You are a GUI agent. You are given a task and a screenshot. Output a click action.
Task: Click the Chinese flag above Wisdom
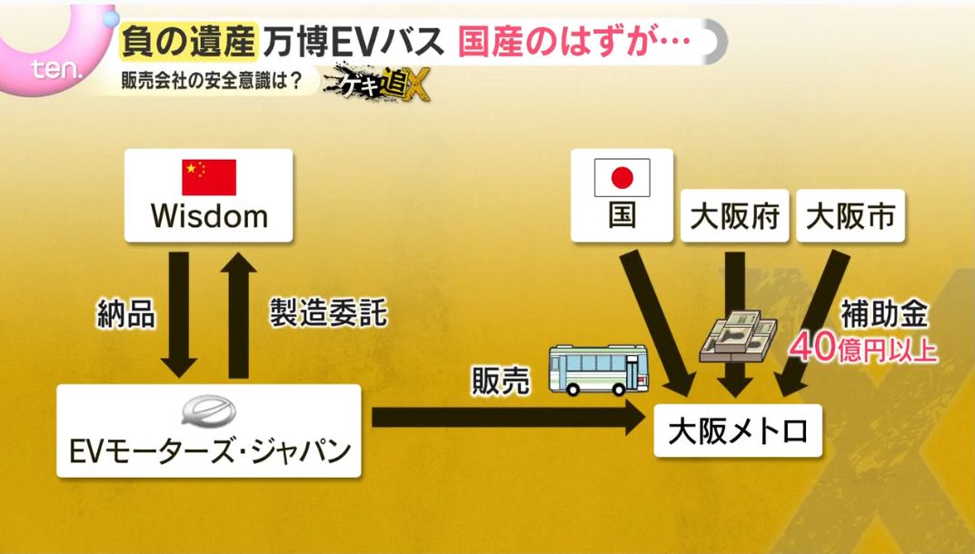coord(209,177)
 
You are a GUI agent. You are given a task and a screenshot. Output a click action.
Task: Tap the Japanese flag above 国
coord(622,178)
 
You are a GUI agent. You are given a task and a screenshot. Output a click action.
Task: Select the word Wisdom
coord(210,216)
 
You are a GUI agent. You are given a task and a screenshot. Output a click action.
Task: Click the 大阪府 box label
coord(734,217)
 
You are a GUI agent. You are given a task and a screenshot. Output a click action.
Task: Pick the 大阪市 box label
coord(850,217)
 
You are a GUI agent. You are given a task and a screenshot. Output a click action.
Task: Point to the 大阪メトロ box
coord(738,430)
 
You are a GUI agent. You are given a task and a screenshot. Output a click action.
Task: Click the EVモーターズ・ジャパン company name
coord(210,450)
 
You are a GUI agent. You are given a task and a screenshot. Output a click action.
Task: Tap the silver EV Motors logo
coord(209,411)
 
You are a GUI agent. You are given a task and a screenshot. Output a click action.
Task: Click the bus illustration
coord(599,371)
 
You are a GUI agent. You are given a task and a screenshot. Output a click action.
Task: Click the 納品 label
coord(125,312)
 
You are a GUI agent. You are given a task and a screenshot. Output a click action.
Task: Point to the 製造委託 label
coord(328,312)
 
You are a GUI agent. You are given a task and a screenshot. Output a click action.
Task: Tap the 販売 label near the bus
coord(501,380)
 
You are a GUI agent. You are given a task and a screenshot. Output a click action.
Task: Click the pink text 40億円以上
coord(864,348)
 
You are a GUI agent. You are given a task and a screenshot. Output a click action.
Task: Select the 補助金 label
coord(885,313)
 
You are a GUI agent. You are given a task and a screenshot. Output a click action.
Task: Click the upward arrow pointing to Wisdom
coord(238,315)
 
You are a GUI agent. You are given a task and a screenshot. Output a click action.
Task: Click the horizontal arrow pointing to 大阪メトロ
coord(508,417)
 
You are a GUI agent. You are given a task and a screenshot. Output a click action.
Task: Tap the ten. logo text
coord(56,69)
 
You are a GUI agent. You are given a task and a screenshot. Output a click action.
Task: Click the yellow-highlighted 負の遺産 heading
coord(188,42)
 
